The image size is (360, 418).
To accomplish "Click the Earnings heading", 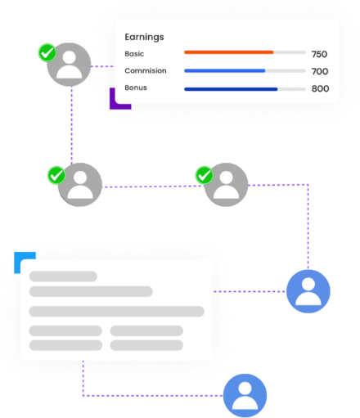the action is click(x=144, y=38).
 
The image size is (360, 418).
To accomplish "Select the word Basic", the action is click(x=134, y=54).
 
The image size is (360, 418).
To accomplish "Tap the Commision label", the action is click(x=146, y=70).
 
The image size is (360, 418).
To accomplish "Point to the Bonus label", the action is click(x=136, y=88).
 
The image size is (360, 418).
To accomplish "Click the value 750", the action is click(x=319, y=54).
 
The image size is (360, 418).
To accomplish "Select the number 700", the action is click(x=320, y=71).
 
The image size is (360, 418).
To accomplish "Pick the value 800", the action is click(x=320, y=88).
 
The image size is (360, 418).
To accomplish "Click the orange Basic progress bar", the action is click(x=229, y=52).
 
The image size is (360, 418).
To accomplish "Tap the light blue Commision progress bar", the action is click(x=225, y=71).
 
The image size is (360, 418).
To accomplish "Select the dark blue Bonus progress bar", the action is click(x=231, y=89).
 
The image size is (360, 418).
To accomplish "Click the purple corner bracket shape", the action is click(x=112, y=106).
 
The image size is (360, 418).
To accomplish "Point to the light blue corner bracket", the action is click(x=17, y=256).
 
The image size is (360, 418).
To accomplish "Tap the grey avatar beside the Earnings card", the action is click(x=69, y=65).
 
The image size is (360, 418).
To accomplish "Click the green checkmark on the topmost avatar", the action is click(x=47, y=52).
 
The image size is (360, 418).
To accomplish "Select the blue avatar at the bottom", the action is click(x=245, y=395).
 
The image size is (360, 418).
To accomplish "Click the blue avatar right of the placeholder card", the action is click(x=308, y=291).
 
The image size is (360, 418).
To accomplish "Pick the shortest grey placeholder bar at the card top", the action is click(x=63, y=276).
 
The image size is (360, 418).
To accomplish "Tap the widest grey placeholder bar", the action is click(x=117, y=312).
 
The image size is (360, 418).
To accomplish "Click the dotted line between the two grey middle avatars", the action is click(x=153, y=187).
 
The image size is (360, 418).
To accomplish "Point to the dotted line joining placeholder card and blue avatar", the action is click(x=250, y=291).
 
